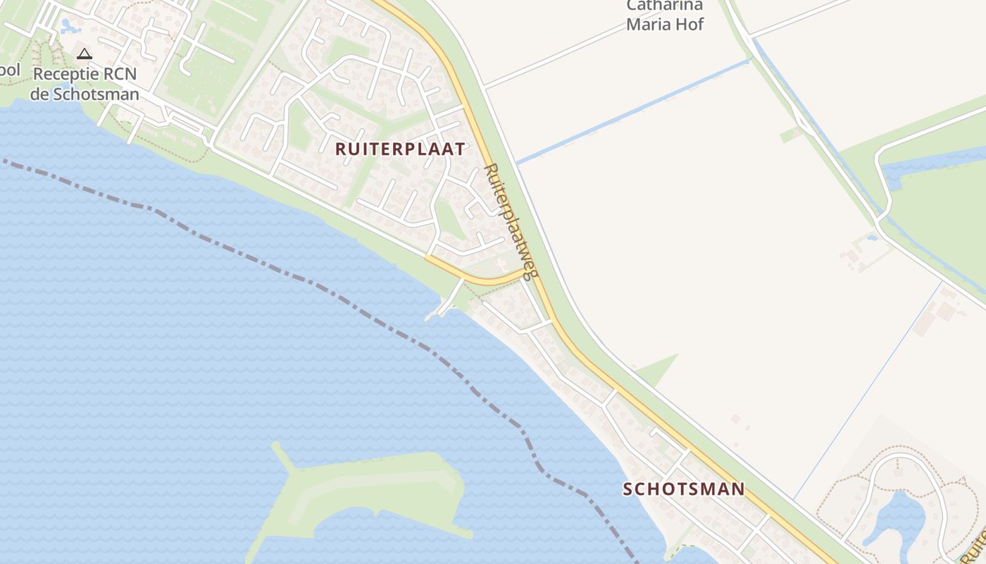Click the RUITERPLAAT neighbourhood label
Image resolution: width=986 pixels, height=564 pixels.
point(400,149)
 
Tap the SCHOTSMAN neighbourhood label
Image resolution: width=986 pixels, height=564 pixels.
point(683,489)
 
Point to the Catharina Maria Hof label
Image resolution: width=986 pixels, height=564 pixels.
point(665,15)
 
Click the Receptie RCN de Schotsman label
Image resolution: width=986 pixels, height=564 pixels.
point(85,83)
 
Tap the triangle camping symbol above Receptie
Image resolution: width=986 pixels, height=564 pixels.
point(85,54)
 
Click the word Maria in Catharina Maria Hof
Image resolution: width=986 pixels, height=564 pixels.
point(648,25)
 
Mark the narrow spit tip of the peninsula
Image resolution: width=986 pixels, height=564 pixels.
point(277,447)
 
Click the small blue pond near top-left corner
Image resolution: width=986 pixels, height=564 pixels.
point(69,27)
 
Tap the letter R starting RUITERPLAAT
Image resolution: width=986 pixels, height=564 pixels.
point(342,149)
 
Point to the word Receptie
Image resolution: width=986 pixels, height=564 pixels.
point(64,73)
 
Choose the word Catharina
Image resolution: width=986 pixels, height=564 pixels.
point(665,6)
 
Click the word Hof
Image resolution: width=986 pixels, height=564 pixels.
point(691,25)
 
